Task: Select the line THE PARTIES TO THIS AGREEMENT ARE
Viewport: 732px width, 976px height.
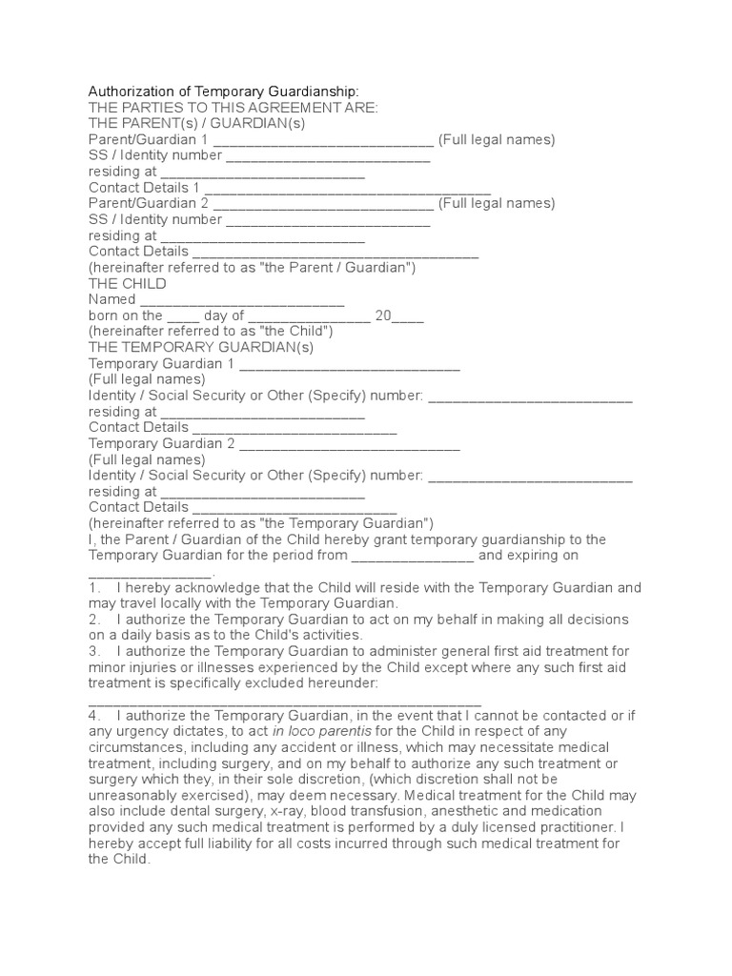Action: tap(234, 107)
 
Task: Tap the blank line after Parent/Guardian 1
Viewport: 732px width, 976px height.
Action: tap(323, 140)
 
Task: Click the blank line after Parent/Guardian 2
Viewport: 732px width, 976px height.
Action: tap(323, 204)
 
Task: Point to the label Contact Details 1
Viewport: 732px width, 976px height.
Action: tap(144, 188)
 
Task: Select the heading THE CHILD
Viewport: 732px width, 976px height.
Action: tap(127, 284)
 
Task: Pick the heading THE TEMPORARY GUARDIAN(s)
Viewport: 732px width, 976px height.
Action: tap(201, 348)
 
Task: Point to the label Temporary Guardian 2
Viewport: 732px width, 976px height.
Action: tap(161, 444)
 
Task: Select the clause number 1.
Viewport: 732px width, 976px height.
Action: tap(93, 588)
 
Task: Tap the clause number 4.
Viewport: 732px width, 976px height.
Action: tap(93, 715)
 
